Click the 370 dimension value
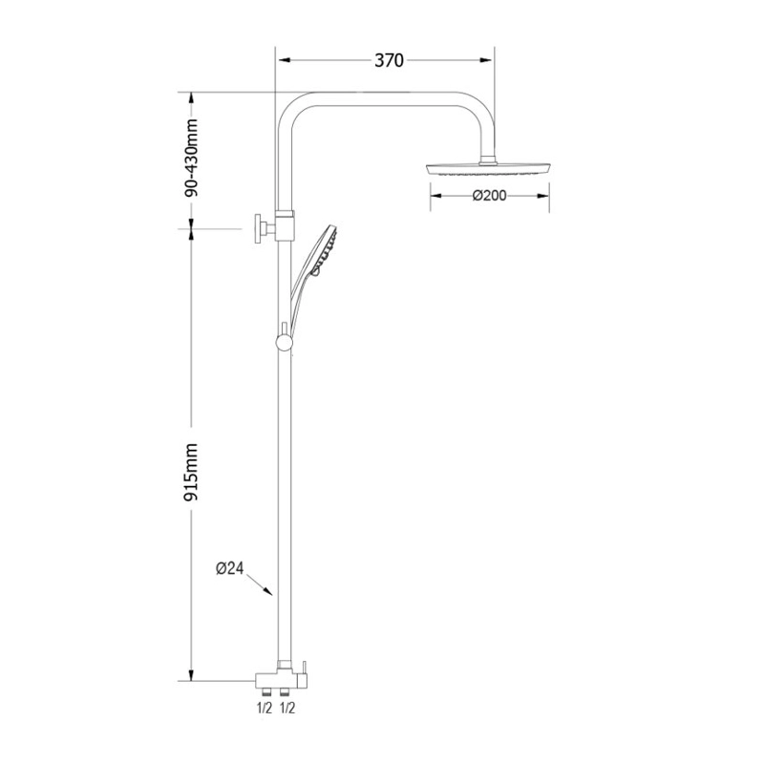(389, 60)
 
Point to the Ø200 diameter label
(490, 196)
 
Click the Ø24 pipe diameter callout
(229, 568)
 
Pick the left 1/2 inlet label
(265, 708)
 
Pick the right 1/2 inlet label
(287, 708)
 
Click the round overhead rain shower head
(489, 170)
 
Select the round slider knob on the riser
(284, 343)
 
